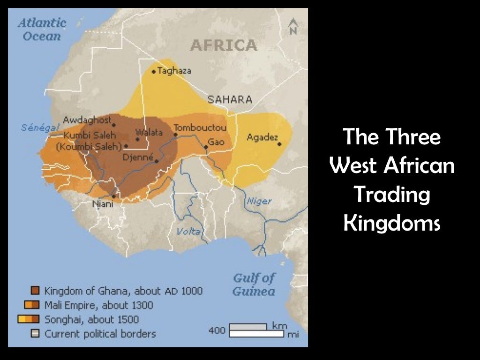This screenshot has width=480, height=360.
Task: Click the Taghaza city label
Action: pyautogui.click(x=174, y=71)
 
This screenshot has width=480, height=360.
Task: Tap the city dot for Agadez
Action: pyautogui.click(x=280, y=144)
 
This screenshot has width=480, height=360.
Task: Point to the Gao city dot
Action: pyautogui.click(x=206, y=147)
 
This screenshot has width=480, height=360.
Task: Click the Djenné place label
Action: pyautogui.click(x=138, y=157)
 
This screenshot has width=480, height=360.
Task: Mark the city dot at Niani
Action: pyautogui.click(x=113, y=196)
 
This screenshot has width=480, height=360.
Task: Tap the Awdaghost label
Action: pyautogui.click(x=87, y=119)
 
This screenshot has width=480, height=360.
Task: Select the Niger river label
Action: pyautogui.click(x=259, y=201)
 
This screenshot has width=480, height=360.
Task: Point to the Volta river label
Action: pyautogui.click(x=188, y=231)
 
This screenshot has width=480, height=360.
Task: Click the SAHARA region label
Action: pyautogui.click(x=230, y=99)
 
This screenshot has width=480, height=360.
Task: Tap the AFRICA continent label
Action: pyautogui.click(x=224, y=45)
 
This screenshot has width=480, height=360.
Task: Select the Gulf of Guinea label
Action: pyautogui.click(x=254, y=285)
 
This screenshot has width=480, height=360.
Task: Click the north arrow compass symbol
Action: pyautogui.click(x=293, y=26)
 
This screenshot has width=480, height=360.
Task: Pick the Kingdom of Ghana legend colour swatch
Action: pyautogui.click(x=35, y=291)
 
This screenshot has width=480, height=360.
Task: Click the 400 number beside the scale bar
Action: pyautogui.click(x=217, y=330)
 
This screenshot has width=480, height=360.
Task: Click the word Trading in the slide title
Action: pyautogui.click(x=391, y=195)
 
